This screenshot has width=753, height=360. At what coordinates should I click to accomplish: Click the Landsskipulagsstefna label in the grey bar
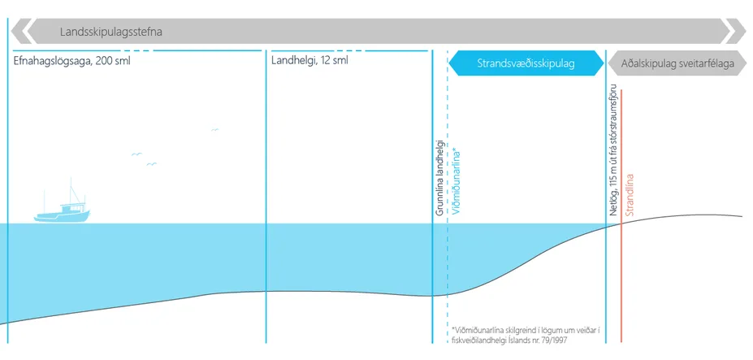click(111, 33)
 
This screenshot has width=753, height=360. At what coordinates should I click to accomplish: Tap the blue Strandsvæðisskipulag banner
click(526, 63)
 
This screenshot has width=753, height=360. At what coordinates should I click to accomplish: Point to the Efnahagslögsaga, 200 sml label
click(72, 60)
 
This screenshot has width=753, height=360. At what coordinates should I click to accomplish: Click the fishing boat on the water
click(62, 210)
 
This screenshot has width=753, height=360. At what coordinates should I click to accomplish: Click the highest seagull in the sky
click(214, 129)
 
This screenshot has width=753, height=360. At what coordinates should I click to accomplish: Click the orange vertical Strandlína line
click(622, 284)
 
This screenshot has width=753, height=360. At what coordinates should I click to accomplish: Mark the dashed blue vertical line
click(448, 268)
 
